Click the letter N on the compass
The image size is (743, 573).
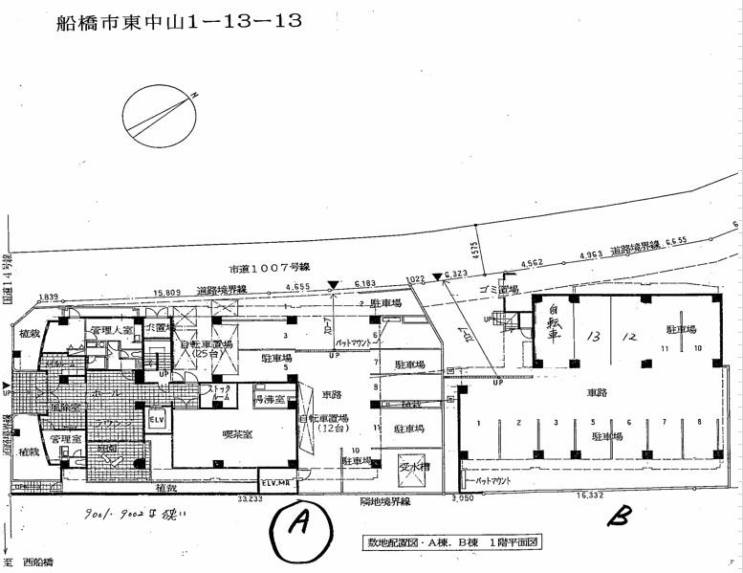tap(193, 95)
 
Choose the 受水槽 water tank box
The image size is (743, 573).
tap(415, 468)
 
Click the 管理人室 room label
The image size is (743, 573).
tap(107, 331)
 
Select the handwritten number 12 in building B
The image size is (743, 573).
tap(627, 338)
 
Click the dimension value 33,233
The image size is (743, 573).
tap(251, 498)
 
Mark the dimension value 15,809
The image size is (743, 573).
tap(167, 293)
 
